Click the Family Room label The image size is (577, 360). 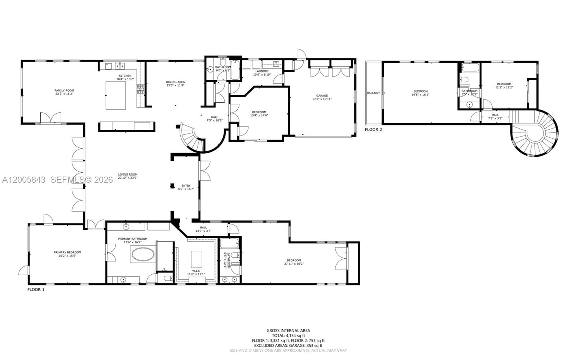point(64,90)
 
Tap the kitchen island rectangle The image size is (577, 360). point(115,95)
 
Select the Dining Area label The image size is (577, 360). point(175,82)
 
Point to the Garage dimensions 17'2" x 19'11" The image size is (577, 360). point(322,99)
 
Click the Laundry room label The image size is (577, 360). point(261,71)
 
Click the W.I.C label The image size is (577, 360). point(196,271)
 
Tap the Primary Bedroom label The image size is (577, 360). point(67,252)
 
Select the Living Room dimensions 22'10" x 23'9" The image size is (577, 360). point(128,178)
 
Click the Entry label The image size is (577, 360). point(186,186)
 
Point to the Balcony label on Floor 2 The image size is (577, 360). point(373,93)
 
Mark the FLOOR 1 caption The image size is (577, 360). point(36,289)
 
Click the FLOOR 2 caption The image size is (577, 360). point(373,129)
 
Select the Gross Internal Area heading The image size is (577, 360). point(288,330)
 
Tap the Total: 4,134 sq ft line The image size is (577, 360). point(288,335)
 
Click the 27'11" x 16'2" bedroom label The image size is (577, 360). point(294,260)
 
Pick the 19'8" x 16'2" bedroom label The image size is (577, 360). point(420,91)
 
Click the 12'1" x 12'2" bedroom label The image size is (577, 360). point(504,84)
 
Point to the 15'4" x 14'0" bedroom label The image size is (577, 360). point(259,112)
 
